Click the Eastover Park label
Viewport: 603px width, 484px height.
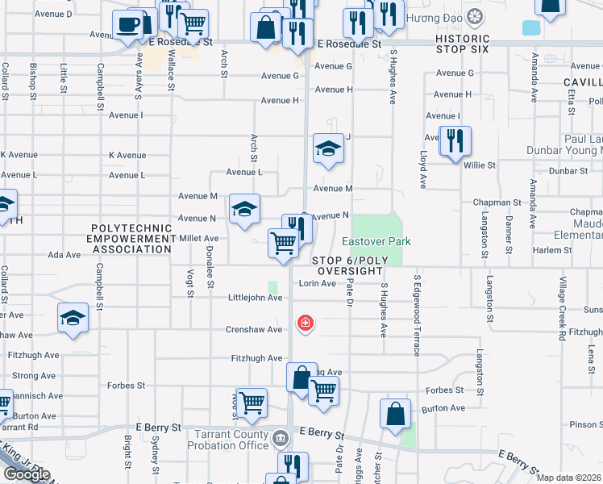(x=376, y=241)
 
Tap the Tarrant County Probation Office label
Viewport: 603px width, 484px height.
(x=230, y=440)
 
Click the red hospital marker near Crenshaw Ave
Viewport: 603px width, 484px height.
(x=305, y=323)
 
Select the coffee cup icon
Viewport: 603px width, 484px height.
(x=127, y=24)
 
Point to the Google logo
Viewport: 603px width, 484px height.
(x=26, y=474)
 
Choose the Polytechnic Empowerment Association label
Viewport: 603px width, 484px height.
(x=132, y=239)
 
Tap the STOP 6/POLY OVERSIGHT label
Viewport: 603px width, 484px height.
(x=347, y=265)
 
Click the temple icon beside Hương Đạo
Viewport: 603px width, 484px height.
(x=476, y=15)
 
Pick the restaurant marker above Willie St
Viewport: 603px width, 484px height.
(x=455, y=140)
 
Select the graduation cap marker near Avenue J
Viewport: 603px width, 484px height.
(x=328, y=148)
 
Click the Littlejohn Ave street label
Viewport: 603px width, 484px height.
(x=256, y=298)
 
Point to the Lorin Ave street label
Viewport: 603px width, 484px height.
(x=317, y=283)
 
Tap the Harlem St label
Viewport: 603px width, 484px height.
(x=552, y=250)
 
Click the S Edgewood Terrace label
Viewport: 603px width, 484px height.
(x=418, y=315)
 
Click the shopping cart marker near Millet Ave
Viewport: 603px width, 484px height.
(x=283, y=242)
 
